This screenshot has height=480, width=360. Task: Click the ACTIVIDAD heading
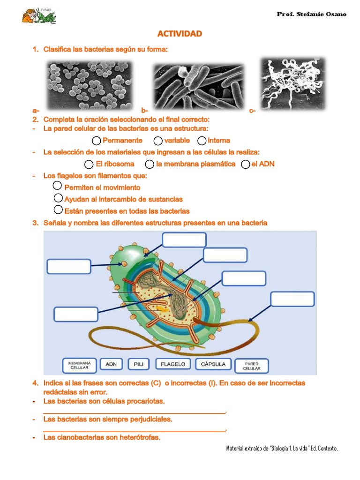[x=180, y=34]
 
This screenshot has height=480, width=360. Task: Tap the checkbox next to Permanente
[x=97, y=141]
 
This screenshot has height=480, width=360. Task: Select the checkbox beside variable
[x=158, y=141]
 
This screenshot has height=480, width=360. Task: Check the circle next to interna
[x=202, y=141]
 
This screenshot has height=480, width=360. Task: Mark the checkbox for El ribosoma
[x=89, y=164]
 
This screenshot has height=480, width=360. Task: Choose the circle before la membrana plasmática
[x=150, y=164]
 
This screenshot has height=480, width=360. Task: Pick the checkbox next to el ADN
[x=245, y=164]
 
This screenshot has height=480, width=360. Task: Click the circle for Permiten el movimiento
[x=57, y=186]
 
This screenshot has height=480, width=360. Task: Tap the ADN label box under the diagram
[x=111, y=364]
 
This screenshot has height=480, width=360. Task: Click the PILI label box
[x=139, y=364]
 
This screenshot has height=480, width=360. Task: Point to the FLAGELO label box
[x=173, y=364]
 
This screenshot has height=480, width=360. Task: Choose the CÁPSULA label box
[x=213, y=364]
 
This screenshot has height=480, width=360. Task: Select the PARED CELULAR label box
[x=252, y=366]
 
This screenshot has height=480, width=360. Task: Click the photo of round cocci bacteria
[x=90, y=86]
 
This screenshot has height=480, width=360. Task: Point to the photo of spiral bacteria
[x=293, y=83]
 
